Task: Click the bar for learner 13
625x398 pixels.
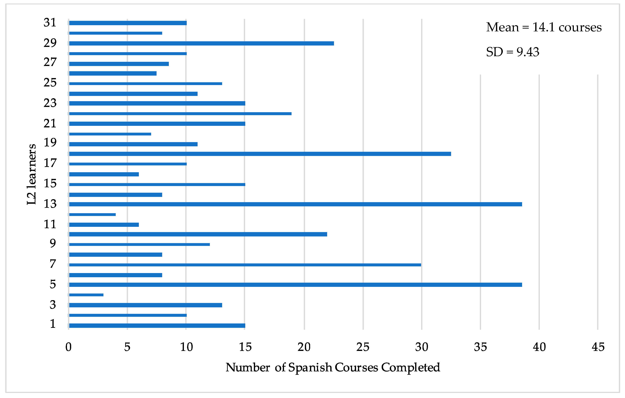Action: (x=295, y=204)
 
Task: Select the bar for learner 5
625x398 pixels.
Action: (x=295, y=285)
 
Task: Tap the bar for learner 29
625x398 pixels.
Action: (x=201, y=43)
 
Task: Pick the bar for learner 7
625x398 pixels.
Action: (x=245, y=265)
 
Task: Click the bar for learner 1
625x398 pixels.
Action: (x=157, y=326)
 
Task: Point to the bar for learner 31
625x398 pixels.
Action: (x=128, y=23)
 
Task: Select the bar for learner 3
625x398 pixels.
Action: (x=145, y=305)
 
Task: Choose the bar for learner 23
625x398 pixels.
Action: (x=157, y=103)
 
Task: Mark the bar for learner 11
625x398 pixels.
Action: (x=104, y=225)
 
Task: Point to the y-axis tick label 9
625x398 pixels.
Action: (x=53, y=243)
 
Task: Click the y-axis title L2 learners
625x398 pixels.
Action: (x=32, y=174)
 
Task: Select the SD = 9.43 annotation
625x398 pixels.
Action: (x=513, y=52)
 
